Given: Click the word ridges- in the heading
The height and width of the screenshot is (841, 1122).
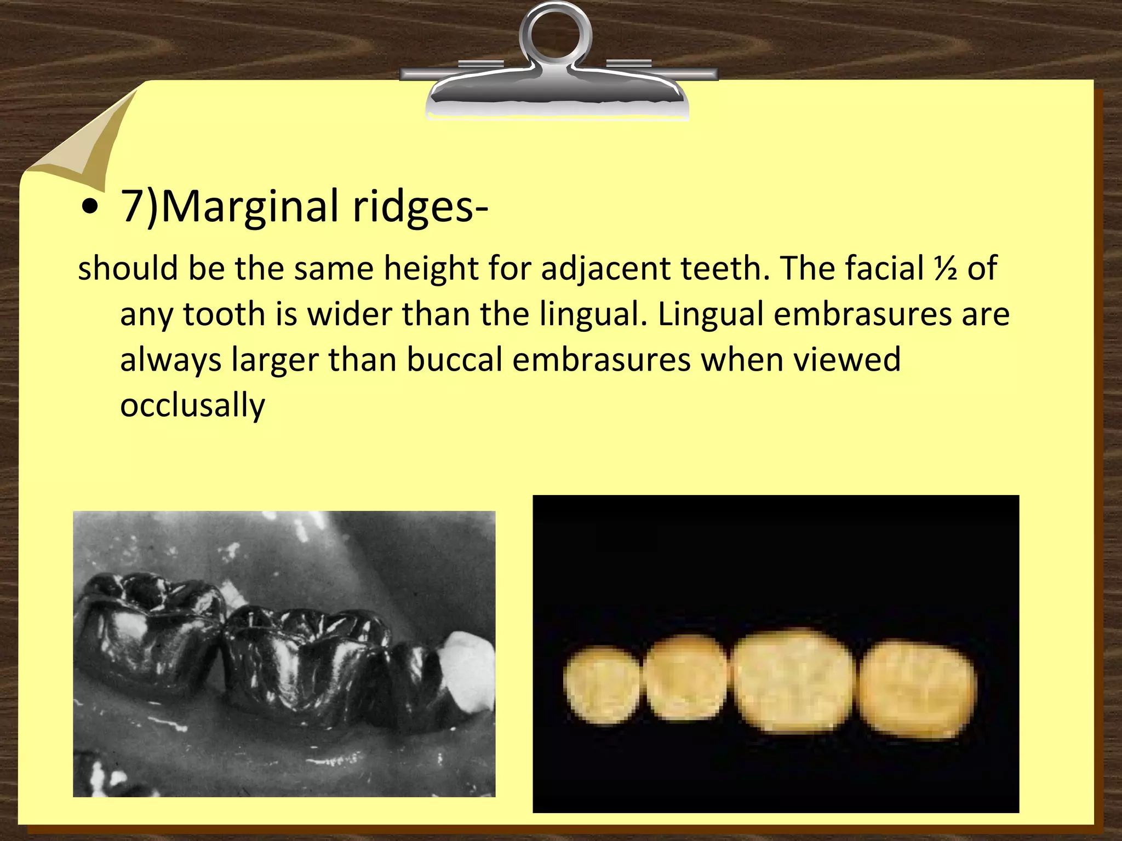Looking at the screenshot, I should pos(420,207).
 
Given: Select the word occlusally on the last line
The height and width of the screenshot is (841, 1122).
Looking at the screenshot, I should pos(192,405).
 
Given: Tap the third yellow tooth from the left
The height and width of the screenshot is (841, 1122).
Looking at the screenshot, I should pos(793,682).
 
